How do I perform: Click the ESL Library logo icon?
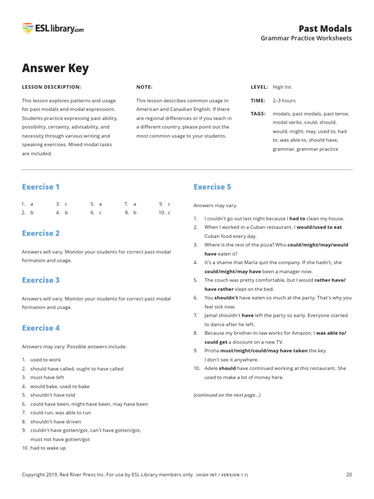[x=28, y=29]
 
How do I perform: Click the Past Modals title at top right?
[x=325, y=28]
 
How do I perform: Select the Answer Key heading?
[x=55, y=68]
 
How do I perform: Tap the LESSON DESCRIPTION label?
[x=51, y=87]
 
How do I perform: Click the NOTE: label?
[x=144, y=87]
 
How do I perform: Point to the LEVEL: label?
[x=259, y=87]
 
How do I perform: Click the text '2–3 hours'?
[x=284, y=101]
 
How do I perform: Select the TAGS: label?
[x=258, y=114]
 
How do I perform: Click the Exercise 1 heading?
[x=40, y=187]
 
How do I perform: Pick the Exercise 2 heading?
[x=40, y=233]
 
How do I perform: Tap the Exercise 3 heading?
[x=40, y=280]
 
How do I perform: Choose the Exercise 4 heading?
[x=40, y=328]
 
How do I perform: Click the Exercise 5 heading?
[x=212, y=187]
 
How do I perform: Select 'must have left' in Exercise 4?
[x=47, y=378]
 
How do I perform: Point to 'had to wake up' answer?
[x=48, y=448]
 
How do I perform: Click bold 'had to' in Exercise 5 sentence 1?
[x=297, y=219]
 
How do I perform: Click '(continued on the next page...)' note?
[x=227, y=395]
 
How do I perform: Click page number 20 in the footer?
[x=349, y=475]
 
